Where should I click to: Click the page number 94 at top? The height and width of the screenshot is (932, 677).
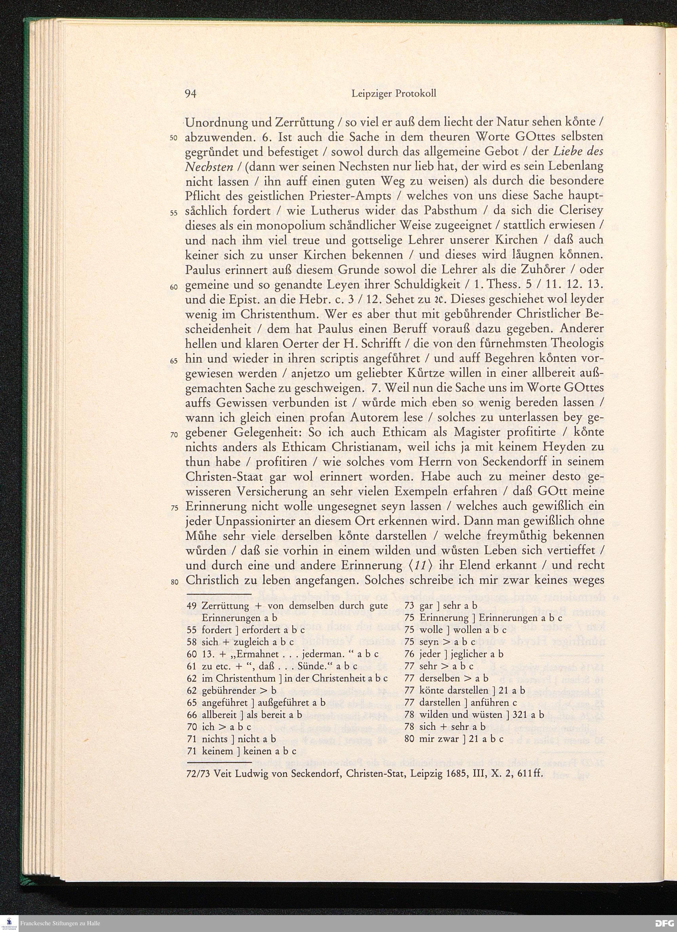[191, 94]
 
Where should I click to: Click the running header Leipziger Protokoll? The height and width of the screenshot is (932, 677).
[394, 94]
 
